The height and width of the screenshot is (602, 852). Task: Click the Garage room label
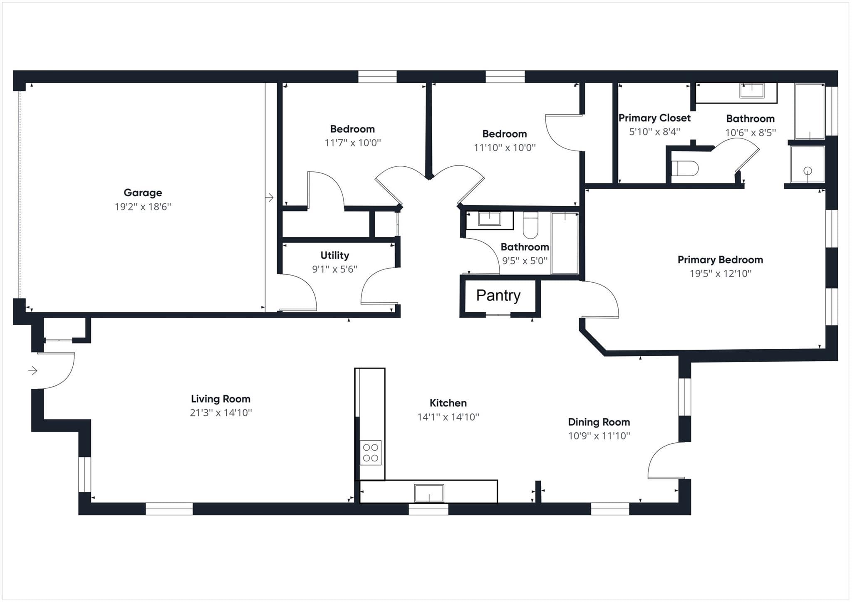pos(143,192)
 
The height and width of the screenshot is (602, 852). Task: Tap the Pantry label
pos(498,296)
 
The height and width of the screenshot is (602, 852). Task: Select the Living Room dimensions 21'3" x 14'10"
pos(221,412)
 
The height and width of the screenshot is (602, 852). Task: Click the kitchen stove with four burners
pos(370,453)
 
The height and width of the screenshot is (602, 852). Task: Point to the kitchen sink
pos(429,493)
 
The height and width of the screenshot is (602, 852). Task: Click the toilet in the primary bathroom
pos(684,168)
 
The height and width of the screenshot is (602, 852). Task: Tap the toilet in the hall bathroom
pos(530,225)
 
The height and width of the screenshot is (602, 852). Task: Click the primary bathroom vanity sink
pos(751,91)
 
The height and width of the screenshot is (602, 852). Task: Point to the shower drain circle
pos(807,170)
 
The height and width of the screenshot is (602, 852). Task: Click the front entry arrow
pos(33,370)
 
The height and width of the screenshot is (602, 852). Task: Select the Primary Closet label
pos(654,118)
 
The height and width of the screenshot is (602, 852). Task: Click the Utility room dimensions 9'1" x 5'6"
pos(335,269)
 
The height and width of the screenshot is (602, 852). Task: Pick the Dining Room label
pos(599,422)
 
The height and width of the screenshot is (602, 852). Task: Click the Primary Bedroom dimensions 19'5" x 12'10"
pos(721,273)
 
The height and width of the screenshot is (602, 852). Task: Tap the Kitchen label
pos(448,403)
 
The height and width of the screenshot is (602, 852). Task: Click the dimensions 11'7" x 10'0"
pos(353,143)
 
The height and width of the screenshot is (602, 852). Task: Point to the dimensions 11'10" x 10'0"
pos(505,147)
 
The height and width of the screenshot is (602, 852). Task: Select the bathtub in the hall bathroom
pos(565,243)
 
